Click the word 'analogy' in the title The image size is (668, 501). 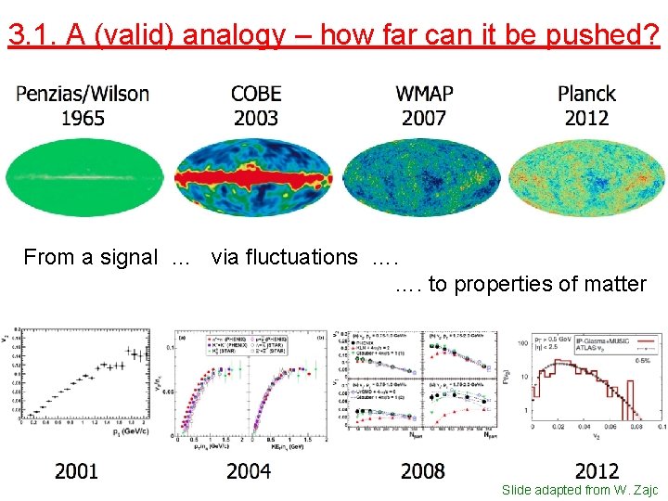tap(236, 35)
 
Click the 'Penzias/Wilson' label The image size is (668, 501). tap(83, 94)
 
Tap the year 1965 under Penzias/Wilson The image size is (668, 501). tap(83, 118)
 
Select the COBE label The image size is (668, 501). tap(256, 94)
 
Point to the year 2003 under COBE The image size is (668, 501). tap(256, 118)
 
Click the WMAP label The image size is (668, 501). tap(424, 94)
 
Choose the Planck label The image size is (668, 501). tap(586, 94)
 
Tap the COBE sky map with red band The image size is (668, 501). tap(254, 176)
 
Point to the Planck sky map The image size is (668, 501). tap(586, 176)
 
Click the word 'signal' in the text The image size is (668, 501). tap(128, 257)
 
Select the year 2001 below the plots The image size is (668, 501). tap(76, 471)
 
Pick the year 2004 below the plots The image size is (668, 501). tap(249, 471)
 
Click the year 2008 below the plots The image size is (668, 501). tap(423, 471)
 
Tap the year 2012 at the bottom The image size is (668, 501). tap(597, 471)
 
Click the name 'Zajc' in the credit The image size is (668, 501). tap(643, 490)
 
